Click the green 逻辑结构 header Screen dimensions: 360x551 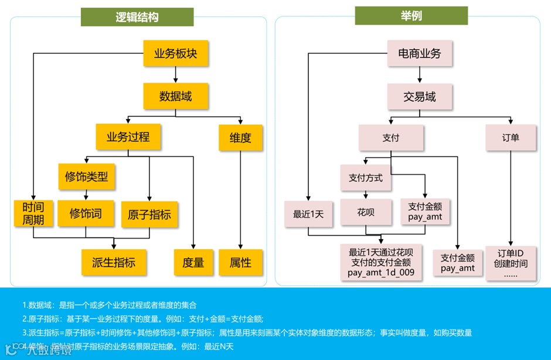[137, 17]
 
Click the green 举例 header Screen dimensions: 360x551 [411, 15]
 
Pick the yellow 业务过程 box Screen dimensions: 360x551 [128, 138]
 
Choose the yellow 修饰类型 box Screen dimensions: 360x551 [87, 176]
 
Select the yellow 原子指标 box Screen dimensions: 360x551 [149, 215]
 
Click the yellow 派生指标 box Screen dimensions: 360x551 [114, 262]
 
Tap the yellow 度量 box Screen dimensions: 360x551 [193, 262]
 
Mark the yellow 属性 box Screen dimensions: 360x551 [240, 262]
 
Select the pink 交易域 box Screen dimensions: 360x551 [420, 96]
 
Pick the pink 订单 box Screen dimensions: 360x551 [511, 138]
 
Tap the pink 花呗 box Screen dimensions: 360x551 [365, 212]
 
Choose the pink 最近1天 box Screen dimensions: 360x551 [308, 214]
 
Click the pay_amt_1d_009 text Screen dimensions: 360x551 [381, 273]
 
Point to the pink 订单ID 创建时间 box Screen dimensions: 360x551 [511, 263]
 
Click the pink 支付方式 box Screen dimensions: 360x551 [365, 178]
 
